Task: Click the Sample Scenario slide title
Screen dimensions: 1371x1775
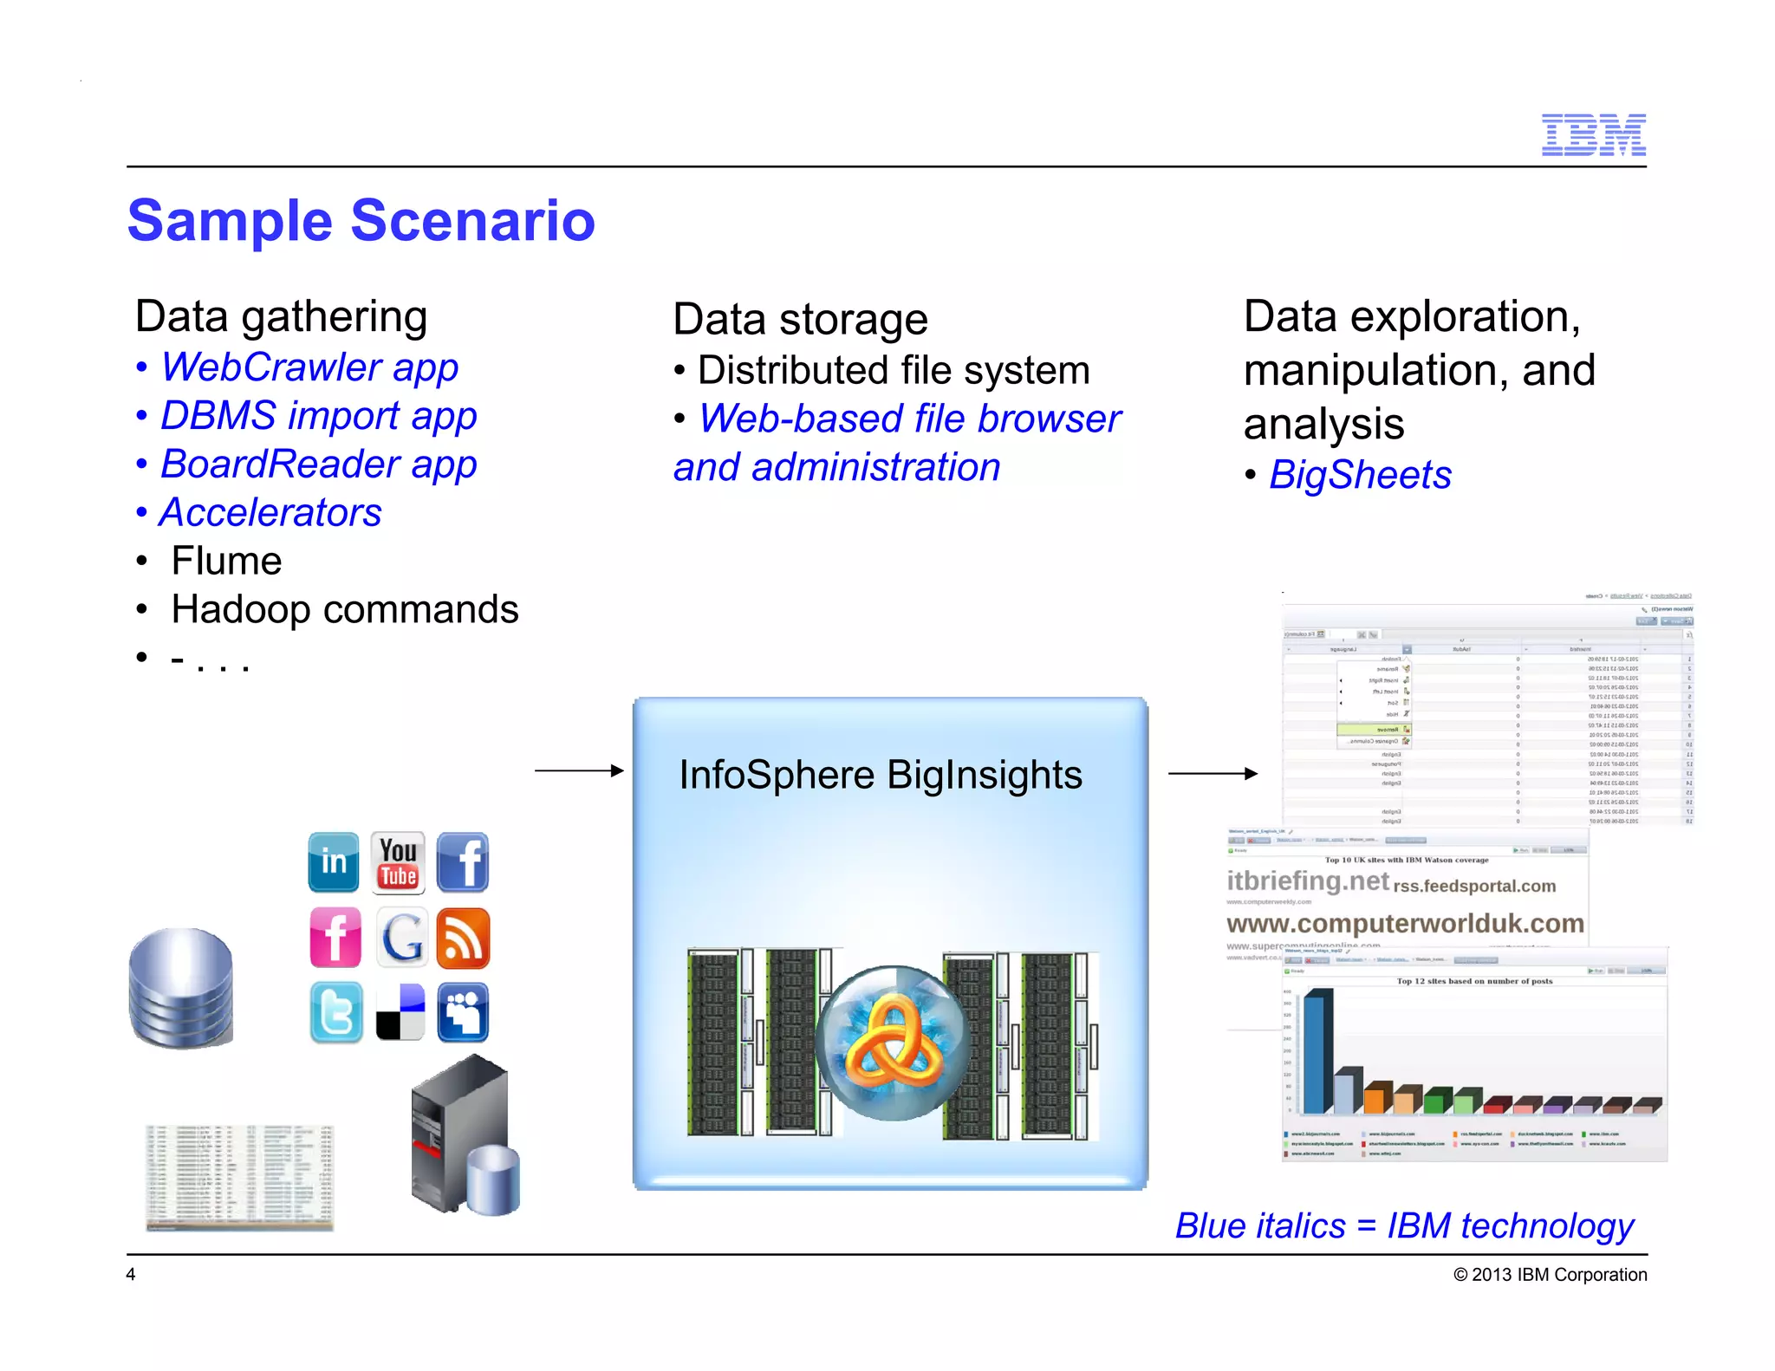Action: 361,220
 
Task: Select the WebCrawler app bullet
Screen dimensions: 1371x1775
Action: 309,367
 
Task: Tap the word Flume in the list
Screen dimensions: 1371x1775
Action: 226,561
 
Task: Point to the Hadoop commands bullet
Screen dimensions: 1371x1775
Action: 344,609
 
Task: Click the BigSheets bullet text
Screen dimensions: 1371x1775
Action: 1359,475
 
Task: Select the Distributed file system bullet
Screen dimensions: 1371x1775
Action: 893,371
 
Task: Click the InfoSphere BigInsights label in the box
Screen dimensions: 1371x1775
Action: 880,775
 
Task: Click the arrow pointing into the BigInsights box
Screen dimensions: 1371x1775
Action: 579,770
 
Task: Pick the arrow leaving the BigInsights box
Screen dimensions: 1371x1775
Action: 1212,773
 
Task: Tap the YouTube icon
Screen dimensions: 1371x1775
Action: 398,862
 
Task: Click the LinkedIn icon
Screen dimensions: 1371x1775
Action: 334,862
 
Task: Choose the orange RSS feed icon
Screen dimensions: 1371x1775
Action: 463,938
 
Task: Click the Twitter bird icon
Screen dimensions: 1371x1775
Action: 336,1012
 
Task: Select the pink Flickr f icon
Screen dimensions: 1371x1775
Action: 335,938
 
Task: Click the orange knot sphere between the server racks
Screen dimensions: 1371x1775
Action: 893,1043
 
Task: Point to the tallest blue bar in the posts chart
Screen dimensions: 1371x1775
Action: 1317,1053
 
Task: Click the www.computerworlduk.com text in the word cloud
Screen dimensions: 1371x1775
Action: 1404,924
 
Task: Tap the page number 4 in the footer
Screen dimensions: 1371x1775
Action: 131,1274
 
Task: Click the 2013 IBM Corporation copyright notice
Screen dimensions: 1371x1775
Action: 1550,1275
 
